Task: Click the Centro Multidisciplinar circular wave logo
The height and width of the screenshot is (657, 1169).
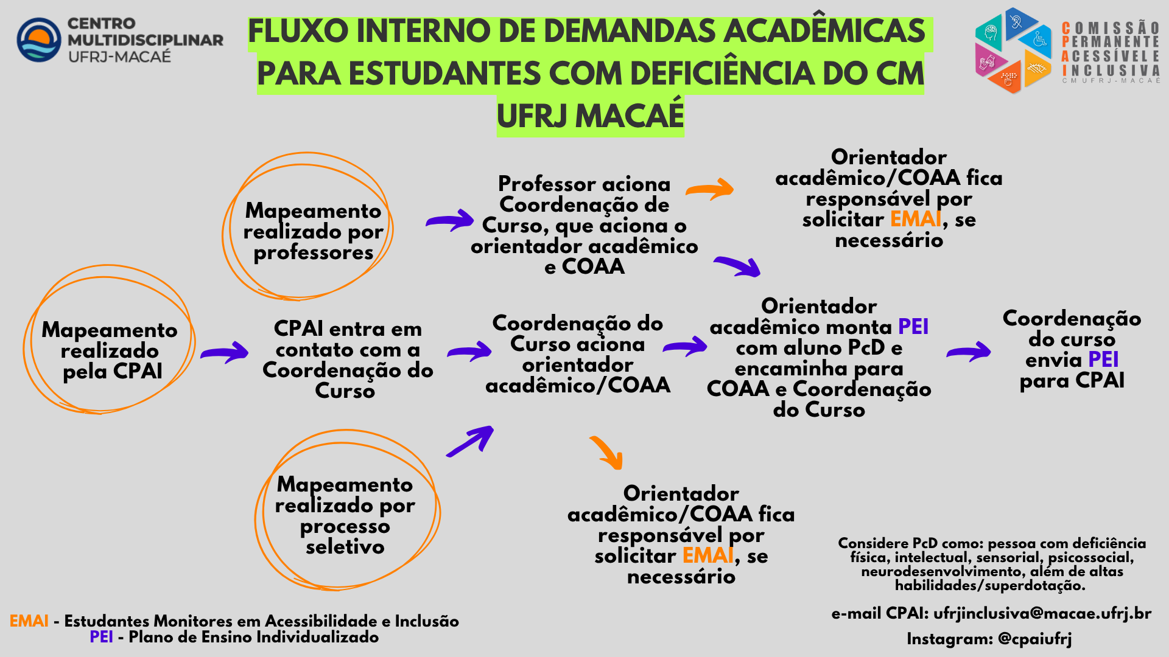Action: [39, 40]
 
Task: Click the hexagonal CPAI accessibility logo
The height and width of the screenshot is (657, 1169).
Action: [1014, 50]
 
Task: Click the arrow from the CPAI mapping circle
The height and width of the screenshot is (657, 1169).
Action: [225, 353]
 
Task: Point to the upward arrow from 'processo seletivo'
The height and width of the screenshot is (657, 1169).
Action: [470, 441]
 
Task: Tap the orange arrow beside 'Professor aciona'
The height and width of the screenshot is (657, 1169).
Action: [710, 189]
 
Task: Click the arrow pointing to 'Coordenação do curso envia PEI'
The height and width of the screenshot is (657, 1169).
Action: [969, 352]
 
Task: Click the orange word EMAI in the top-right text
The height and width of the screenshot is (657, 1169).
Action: [916, 219]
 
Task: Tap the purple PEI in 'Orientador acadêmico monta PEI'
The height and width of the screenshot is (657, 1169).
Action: [913, 327]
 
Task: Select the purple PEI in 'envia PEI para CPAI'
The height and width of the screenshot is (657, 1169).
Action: [1103, 360]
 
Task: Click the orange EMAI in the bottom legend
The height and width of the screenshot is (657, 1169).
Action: [29, 621]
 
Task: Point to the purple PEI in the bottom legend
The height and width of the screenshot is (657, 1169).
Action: [101, 637]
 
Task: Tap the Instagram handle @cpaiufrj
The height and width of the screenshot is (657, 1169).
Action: [1035, 639]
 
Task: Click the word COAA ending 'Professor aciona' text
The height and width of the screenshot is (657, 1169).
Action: [593, 266]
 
